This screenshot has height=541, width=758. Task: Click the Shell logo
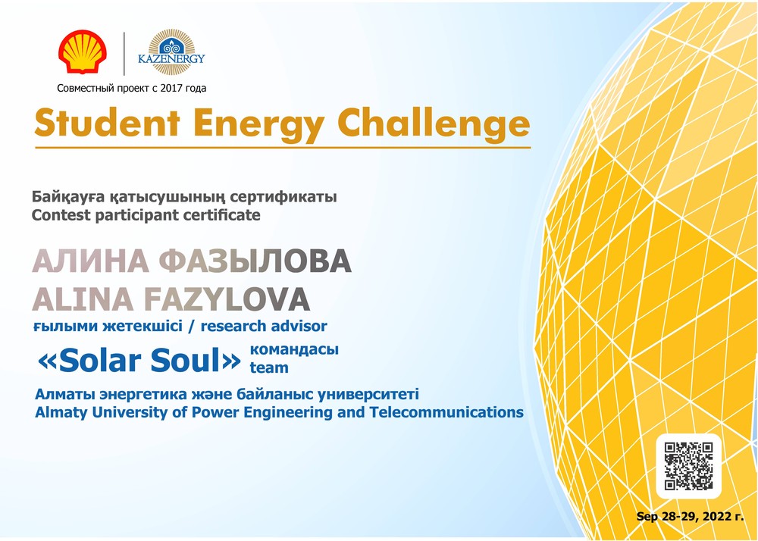83,52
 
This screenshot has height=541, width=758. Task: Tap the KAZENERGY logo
171,52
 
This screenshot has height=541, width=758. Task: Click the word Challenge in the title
434,124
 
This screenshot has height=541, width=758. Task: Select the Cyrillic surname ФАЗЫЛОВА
255,261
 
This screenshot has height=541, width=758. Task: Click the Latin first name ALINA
83,299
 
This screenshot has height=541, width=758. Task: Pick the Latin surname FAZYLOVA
227,299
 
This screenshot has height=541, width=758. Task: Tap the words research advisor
264,326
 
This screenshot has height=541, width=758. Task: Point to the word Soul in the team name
186,361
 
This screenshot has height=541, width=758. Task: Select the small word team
269,367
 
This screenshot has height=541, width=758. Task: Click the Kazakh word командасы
294,350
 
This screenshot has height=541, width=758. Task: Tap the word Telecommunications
446,412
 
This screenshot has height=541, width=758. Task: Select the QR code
688,466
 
